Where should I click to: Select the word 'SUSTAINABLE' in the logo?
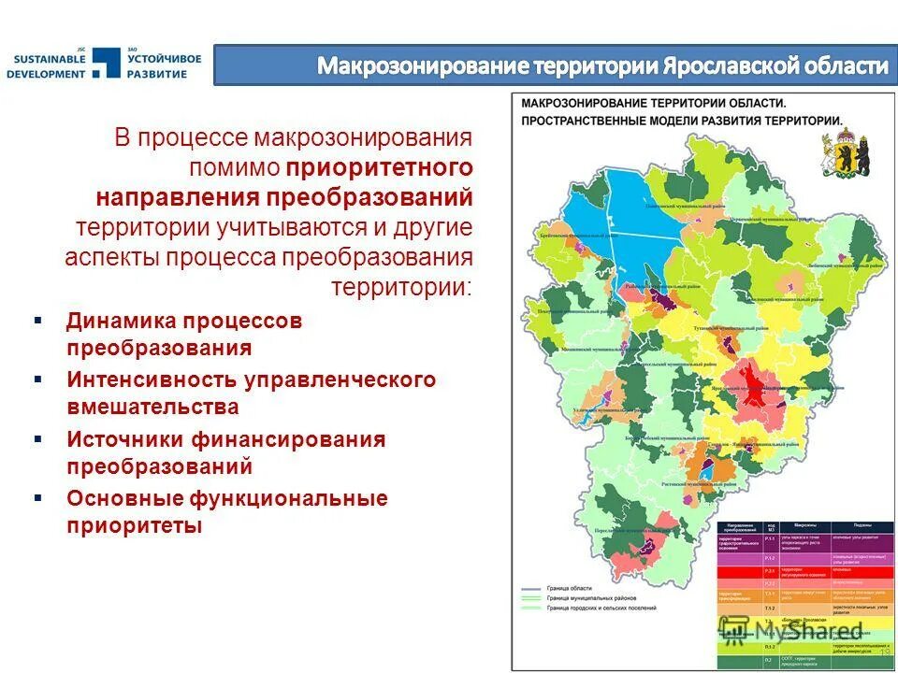[x=49, y=59]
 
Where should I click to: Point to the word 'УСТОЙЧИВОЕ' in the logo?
[x=165, y=59]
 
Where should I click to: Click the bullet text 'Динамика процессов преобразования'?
[x=184, y=334]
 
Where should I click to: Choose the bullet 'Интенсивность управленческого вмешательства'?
[x=251, y=393]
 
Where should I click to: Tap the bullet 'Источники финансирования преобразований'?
[x=225, y=452]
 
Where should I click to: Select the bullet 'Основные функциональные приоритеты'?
[x=226, y=511]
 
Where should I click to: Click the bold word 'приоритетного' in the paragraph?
[x=379, y=168]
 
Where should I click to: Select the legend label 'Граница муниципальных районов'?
[x=603, y=599]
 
